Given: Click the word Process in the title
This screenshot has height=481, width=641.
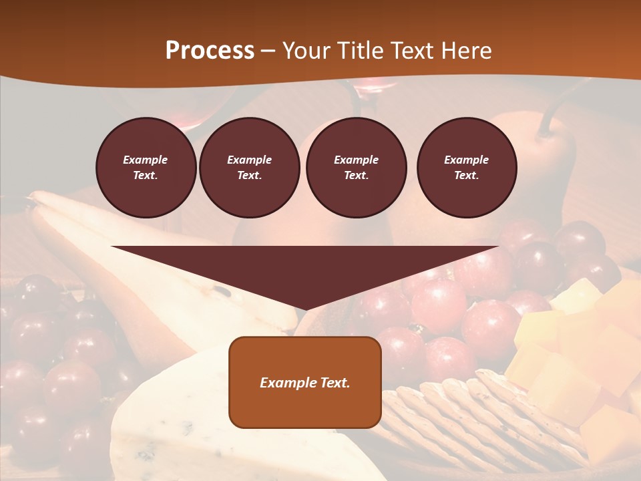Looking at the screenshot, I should point(210,51).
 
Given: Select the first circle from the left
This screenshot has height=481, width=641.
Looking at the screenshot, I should point(146,168).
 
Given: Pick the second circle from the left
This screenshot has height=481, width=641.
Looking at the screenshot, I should point(249,168).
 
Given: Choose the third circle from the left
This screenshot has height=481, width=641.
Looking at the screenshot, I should point(356,168).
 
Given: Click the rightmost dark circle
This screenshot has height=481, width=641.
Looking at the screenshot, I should point(466,168).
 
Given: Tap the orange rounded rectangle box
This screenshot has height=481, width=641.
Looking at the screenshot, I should point(305,382).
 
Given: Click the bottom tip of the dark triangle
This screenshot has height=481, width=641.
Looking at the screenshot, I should point(304,309).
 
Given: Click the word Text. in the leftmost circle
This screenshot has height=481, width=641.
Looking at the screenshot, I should point(146,176).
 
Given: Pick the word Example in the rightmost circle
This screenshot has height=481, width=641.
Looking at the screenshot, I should point(466,160).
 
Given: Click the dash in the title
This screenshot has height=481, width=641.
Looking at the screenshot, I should point(268,51).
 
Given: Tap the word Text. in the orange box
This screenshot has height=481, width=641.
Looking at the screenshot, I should point(335,383).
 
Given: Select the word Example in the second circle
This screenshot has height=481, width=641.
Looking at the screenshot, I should point(249,160).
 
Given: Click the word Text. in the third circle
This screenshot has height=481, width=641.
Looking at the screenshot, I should point(356,176).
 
